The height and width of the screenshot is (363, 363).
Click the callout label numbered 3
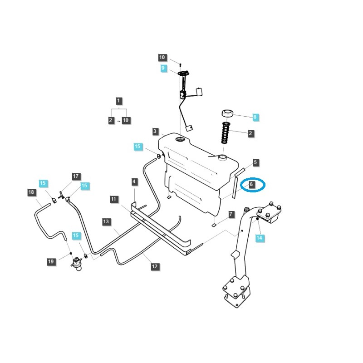155,132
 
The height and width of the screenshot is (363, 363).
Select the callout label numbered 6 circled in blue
251,185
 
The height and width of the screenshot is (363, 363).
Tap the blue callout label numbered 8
255,117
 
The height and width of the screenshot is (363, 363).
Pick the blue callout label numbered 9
163,69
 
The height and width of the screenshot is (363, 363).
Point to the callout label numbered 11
113,199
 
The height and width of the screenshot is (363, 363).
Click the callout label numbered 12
155,266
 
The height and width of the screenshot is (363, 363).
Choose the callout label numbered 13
106,222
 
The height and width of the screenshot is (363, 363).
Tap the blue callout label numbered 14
259,238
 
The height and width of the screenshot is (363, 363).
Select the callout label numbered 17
76,176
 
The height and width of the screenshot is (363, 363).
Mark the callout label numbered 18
31,192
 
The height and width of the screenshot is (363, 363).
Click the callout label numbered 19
51,261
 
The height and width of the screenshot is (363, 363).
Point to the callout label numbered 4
134,182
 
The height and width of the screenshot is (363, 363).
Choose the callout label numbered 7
231,214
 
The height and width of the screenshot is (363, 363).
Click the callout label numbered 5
255,162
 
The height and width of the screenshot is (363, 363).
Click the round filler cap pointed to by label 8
227,113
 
